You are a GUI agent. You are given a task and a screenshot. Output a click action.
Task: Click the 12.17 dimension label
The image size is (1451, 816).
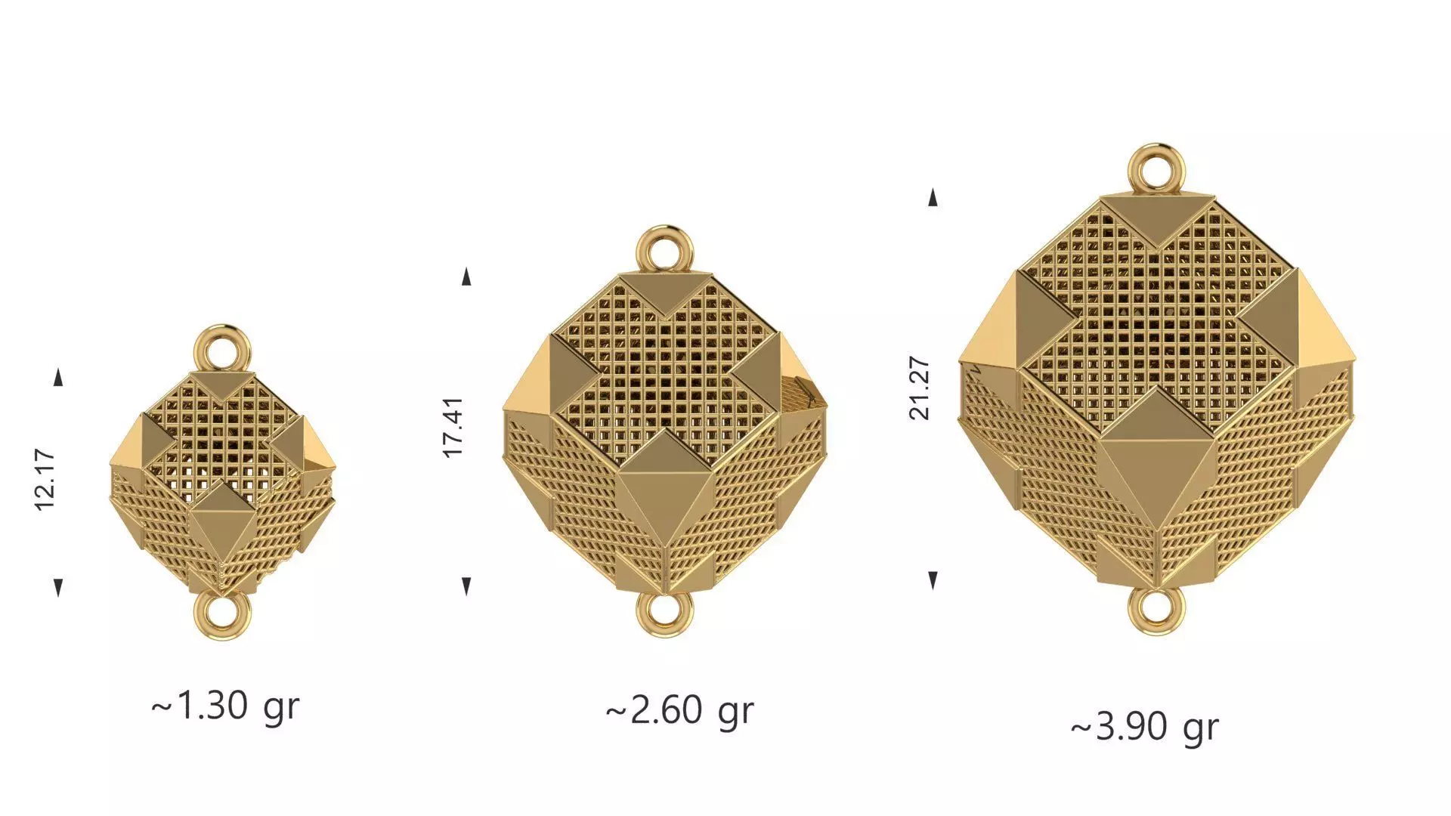45,480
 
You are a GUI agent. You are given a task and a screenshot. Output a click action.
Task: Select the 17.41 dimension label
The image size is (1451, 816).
453,427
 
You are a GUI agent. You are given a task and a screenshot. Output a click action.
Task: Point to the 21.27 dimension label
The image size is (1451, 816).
920,388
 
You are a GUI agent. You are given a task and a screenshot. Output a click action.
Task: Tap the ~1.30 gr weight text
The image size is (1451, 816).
225,706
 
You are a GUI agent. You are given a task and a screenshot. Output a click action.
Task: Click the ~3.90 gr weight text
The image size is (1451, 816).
1144,728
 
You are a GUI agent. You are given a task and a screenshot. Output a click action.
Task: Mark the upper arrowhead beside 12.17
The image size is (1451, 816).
59,378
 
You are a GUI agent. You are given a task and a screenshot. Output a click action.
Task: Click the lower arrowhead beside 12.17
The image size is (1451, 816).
58,586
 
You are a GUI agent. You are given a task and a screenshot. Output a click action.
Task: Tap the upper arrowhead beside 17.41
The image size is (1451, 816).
466,277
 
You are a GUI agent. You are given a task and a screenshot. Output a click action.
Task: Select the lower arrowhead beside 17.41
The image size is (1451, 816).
466,586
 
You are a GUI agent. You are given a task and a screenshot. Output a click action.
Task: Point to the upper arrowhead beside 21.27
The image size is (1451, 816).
933,197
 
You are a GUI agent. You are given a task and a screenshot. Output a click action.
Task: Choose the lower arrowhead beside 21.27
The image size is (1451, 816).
933,580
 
